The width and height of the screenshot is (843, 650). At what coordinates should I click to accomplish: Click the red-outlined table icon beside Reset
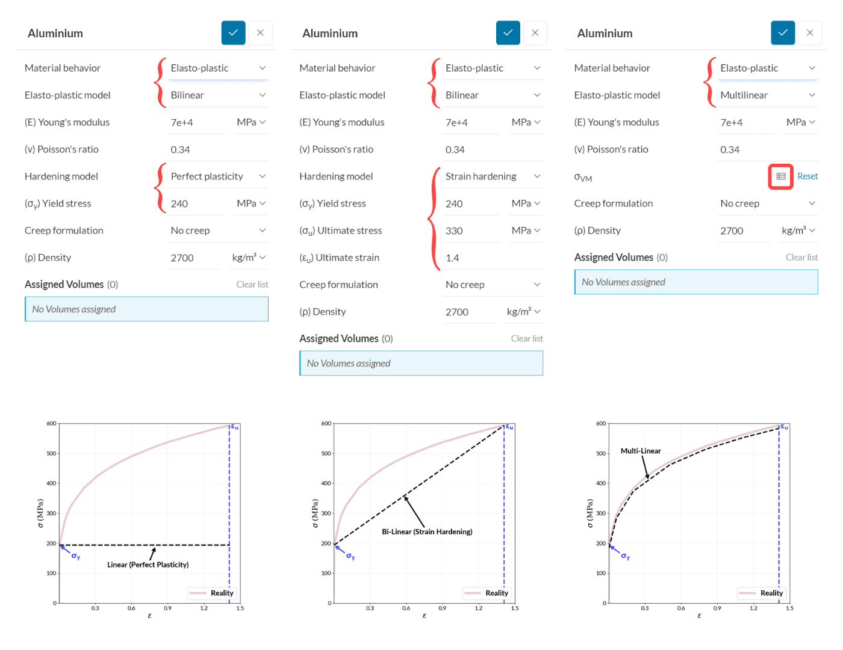click(780, 176)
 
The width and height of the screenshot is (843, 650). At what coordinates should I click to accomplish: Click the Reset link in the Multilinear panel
click(807, 176)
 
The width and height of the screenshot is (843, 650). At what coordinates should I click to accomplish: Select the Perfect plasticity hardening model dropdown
click(217, 176)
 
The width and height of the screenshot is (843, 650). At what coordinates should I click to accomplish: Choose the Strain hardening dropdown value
click(492, 176)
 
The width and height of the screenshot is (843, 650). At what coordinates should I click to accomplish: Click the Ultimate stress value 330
click(455, 231)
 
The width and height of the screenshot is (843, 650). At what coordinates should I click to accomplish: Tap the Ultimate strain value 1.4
click(453, 258)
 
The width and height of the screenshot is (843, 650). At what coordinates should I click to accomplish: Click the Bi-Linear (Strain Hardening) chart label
click(427, 531)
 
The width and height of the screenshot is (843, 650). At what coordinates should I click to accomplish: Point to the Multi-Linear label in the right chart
click(641, 451)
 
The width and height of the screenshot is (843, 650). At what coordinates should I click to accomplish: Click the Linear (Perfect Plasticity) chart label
click(148, 565)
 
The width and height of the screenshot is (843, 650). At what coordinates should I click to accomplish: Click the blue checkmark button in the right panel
click(782, 32)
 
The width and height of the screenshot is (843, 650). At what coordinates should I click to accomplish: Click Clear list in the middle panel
click(527, 339)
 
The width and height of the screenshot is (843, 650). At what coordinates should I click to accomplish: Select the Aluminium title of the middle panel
click(330, 34)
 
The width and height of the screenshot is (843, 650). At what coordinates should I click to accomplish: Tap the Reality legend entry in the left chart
click(212, 593)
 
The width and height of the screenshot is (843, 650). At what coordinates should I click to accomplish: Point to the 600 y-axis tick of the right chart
click(601, 424)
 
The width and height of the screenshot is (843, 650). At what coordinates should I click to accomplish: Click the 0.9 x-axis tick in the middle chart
click(443, 608)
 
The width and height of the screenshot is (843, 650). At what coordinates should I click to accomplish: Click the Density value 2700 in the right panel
click(732, 231)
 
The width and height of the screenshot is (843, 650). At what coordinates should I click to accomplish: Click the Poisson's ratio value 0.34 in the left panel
click(181, 150)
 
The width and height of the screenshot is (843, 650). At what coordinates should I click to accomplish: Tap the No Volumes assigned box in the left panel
click(146, 309)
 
